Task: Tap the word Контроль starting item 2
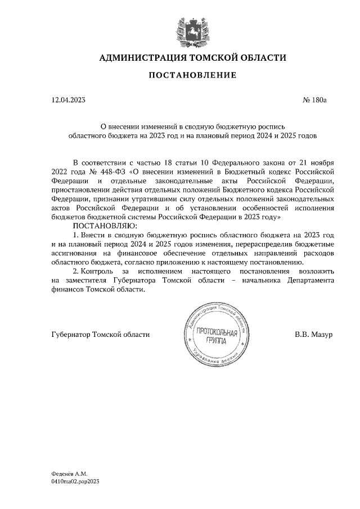click(97, 272)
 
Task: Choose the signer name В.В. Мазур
click(313, 335)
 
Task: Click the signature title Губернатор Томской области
click(100, 335)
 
